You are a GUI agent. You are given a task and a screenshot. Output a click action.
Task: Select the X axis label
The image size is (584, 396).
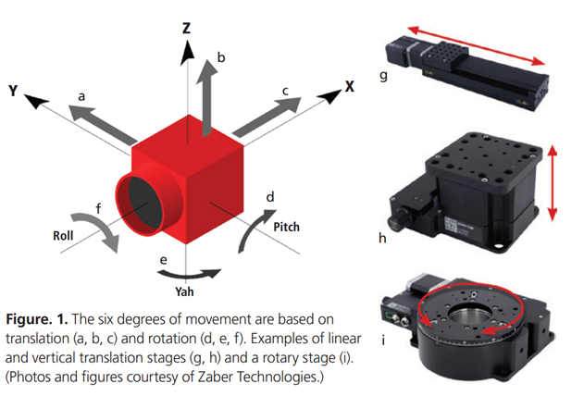350,86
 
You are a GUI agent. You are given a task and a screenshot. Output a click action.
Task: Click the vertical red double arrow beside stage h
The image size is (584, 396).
553,180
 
